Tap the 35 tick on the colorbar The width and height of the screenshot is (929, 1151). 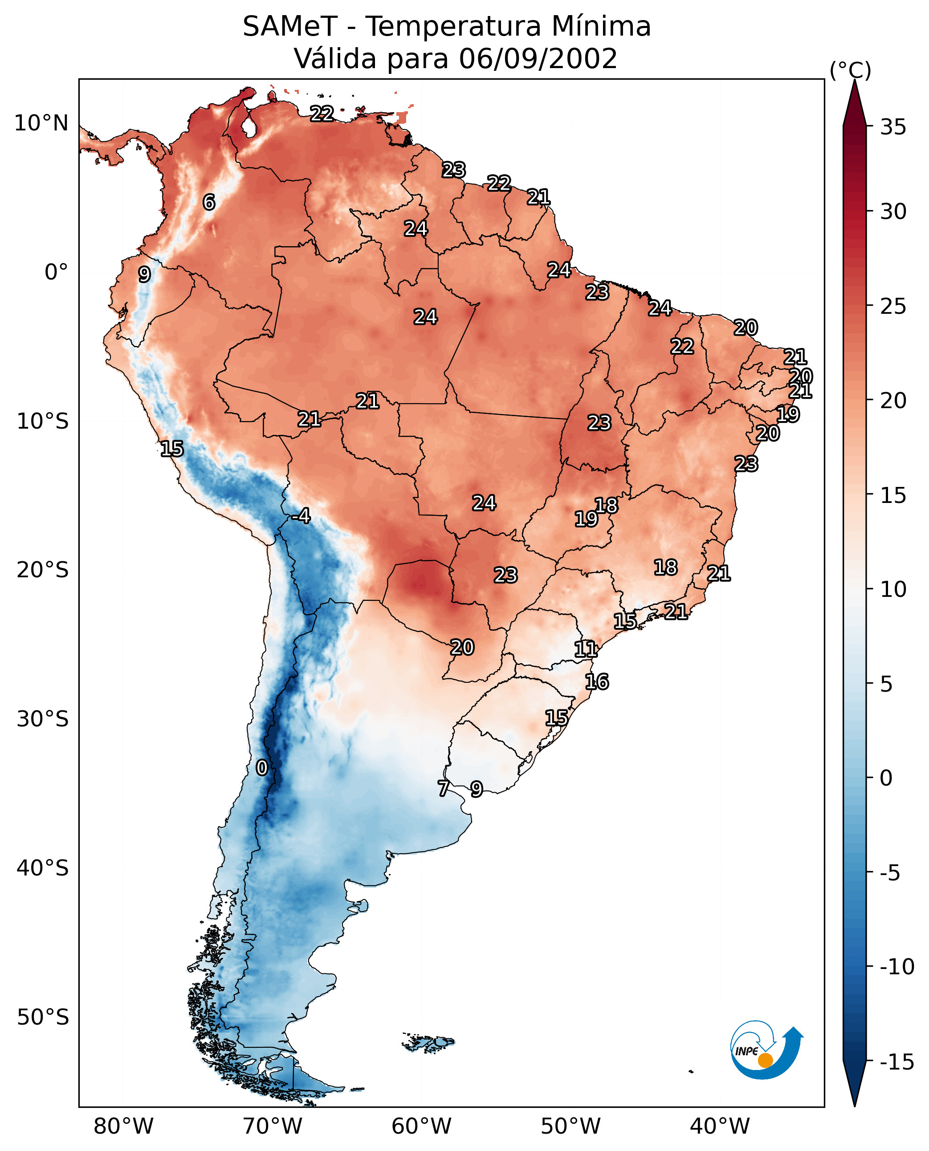893,127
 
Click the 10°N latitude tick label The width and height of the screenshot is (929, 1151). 41,124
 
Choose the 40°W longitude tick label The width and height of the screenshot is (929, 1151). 720,1127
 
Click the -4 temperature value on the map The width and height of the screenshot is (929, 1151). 302,516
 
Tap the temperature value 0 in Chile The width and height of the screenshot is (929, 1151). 262,768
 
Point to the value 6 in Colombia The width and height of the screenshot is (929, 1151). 209,202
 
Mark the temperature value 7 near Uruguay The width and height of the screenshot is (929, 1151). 443,788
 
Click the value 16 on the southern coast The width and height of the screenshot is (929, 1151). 597,682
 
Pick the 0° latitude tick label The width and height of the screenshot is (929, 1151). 56,272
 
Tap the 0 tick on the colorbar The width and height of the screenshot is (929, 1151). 886,778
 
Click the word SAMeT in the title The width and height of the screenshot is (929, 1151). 289,27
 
